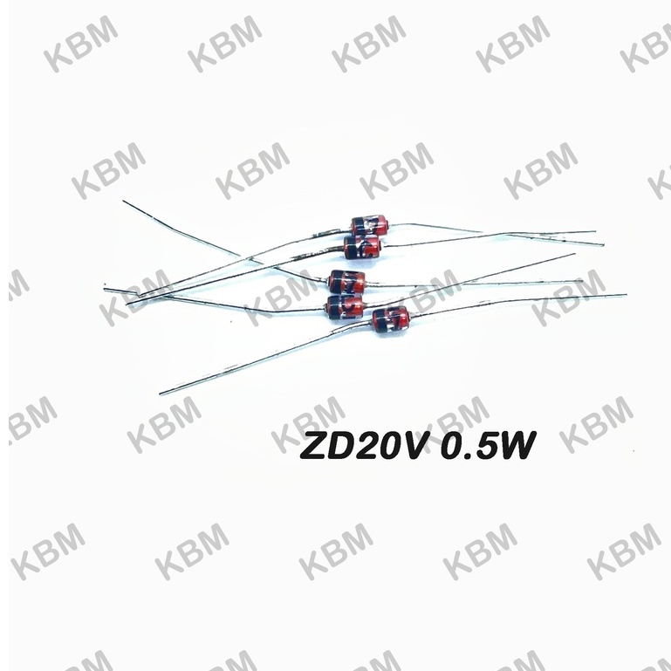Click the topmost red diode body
369,225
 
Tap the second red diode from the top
362,247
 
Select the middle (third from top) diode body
347,282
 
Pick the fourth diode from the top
345,306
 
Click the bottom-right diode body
390,319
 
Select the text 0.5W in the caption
489,446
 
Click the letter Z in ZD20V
314,446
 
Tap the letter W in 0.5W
517,446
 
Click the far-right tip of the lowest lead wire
626,295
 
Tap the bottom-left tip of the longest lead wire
160,394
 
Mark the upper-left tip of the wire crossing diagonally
123,201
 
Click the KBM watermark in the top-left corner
81,44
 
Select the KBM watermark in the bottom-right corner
624,551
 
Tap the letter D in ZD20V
345,446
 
